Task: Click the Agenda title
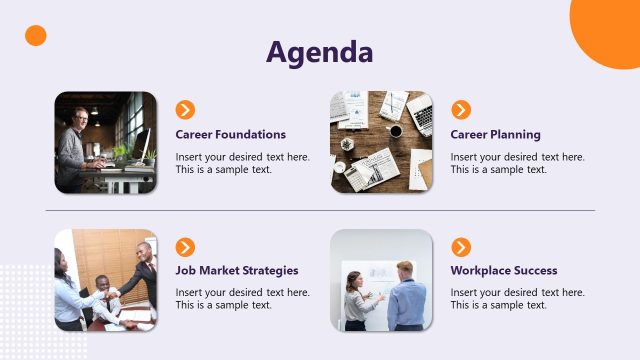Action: point(320,52)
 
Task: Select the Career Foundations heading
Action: point(230,134)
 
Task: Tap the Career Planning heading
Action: point(495,134)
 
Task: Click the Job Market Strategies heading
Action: point(236,270)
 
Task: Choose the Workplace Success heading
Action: point(503,270)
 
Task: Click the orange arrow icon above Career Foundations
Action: point(185,110)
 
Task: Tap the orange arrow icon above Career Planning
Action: point(461,110)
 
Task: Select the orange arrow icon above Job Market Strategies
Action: point(185,247)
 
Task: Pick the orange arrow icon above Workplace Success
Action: point(461,247)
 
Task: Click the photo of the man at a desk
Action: point(105,142)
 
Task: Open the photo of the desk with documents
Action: point(381,142)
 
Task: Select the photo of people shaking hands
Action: point(105,280)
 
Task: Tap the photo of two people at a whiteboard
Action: point(381,280)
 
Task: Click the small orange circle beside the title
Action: point(36,36)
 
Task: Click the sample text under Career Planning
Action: point(517,163)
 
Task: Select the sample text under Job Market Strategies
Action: point(242,299)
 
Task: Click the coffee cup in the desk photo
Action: point(396,131)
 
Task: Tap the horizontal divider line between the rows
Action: point(320,211)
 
